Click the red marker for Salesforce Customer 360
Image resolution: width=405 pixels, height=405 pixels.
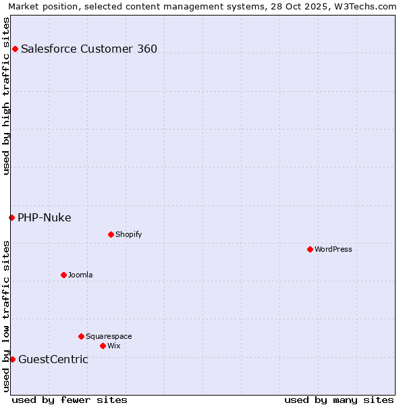[15, 49]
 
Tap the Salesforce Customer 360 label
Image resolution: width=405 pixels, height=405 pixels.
[89, 49]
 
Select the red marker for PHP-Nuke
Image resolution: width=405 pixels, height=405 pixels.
[11, 217]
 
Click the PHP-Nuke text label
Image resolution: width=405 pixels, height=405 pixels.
[45, 217]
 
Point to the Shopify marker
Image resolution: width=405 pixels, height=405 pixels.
[111, 234]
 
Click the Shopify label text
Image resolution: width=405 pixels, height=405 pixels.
[129, 234]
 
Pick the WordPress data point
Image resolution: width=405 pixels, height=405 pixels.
[310, 249]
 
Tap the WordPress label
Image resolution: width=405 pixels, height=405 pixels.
[333, 249]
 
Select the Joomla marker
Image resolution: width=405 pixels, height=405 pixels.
[63, 275]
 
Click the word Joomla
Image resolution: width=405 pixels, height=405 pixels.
[80, 275]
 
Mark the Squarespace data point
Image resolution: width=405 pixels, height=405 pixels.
[81, 336]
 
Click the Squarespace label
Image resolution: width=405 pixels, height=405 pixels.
[109, 336]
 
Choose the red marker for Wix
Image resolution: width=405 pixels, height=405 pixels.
[103, 346]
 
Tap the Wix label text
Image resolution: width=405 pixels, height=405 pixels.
[114, 346]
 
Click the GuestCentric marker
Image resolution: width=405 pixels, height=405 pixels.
[12, 359]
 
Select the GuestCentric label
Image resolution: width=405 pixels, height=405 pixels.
[53, 359]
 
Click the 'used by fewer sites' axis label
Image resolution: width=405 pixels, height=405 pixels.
[70, 400]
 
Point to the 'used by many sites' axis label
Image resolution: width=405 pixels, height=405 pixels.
[339, 400]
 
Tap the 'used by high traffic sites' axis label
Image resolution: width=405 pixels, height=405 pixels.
[6, 96]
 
